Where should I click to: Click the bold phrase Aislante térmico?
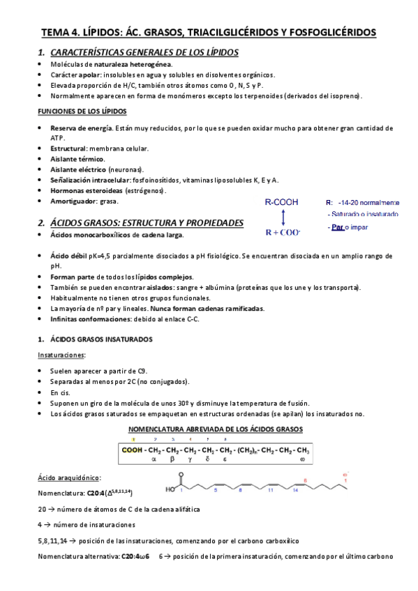click(77, 159)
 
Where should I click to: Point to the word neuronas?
click(126, 169)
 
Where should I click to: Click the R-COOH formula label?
click(281, 202)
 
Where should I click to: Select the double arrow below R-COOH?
click(280, 217)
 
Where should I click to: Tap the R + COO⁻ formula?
click(282, 231)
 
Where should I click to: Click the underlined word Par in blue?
click(338, 227)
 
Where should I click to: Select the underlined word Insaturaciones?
click(62, 355)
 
